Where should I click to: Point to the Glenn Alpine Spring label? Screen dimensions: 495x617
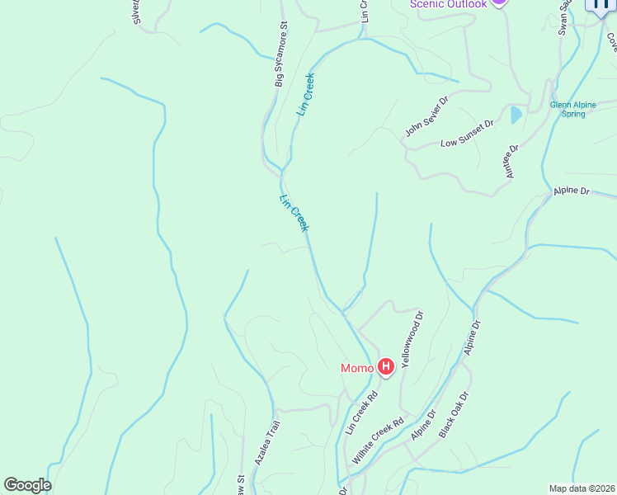tap(568, 109)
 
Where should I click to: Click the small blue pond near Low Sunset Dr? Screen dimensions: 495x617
tap(516, 115)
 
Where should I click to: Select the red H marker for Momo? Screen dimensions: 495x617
tap(385, 367)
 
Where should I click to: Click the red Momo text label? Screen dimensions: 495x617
tap(357, 368)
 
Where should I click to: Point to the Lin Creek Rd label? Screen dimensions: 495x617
tap(361, 412)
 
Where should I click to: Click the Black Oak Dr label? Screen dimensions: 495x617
tap(454, 414)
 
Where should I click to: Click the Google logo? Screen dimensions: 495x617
tap(27, 485)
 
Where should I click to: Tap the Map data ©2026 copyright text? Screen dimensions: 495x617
tap(581, 488)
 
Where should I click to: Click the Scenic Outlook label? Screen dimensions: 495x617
tap(449, 4)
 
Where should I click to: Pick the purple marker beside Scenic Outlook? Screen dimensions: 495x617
tap(498, 2)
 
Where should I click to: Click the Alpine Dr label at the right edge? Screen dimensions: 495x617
tap(572, 191)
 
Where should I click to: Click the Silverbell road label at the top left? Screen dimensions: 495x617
tap(137, 12)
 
